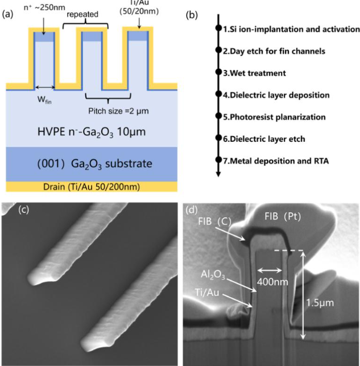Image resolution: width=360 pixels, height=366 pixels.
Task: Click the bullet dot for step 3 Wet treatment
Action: pyautogui.click(x=218, y=72)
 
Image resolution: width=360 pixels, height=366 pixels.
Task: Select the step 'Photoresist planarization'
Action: pyautogui.click(x=278, y=116)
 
